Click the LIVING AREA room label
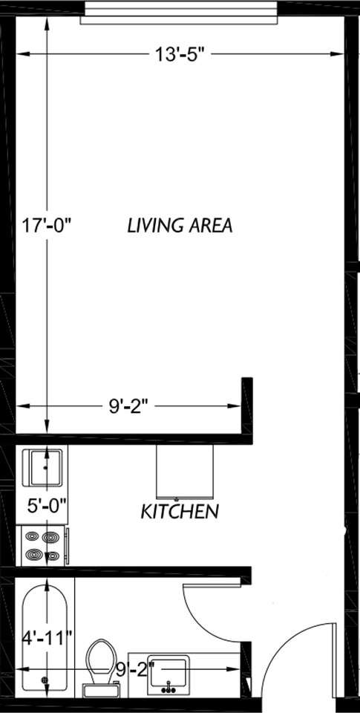[x=180, y=225]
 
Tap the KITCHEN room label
[x=180, y=511]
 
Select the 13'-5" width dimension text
[x=180, y=54]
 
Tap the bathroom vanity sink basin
[x=171, y=672]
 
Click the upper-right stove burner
[x=51, y=536]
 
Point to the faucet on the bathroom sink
[x=171, y=686]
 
